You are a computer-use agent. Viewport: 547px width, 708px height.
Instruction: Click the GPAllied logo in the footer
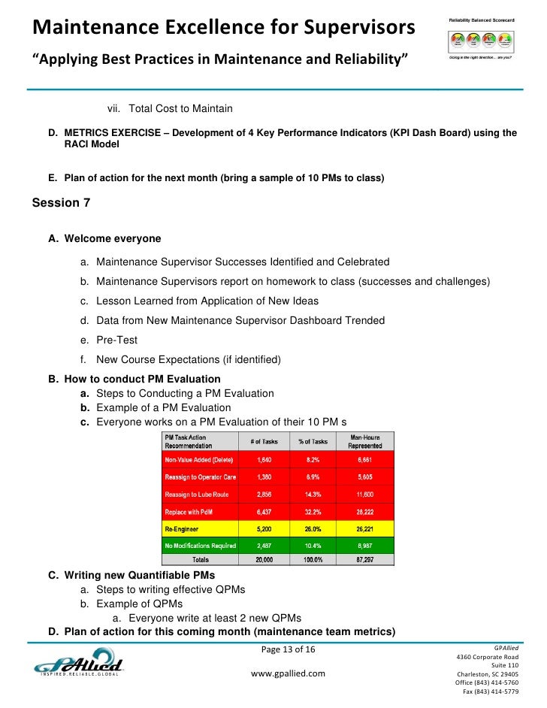78,667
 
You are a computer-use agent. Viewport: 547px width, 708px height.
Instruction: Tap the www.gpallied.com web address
288,673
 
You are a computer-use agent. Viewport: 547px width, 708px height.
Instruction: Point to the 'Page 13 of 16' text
288,649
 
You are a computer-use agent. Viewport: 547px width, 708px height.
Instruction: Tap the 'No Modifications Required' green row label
200,545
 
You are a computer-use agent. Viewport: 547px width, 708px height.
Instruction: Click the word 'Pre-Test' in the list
116,340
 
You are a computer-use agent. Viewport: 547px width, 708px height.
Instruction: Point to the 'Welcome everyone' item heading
113,239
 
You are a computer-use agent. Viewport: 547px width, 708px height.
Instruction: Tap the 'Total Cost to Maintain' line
180,109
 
